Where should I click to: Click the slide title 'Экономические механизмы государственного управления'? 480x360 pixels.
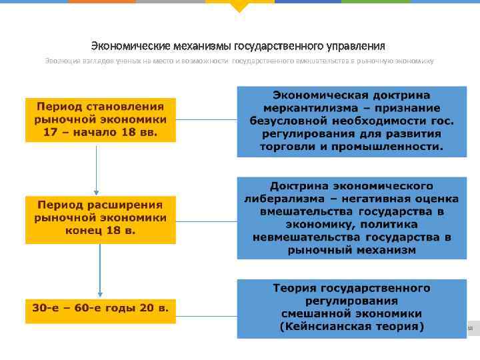tap(238, 46)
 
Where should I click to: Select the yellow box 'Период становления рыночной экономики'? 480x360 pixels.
tap(100, 120)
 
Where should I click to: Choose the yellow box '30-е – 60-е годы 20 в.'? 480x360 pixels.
tap(100, 309)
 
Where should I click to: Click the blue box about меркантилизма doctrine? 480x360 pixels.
tap(351, 121)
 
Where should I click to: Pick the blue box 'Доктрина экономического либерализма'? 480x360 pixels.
tap(351, 217)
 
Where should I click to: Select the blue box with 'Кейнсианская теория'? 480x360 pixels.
tap(351, 308)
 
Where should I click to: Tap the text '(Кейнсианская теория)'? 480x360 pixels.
tap(351, 327)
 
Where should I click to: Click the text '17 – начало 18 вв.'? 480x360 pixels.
tap(100, 132)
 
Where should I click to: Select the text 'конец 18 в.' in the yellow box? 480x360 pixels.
tap(100, 230)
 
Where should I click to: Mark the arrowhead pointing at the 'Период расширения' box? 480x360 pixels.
tap(97, 192)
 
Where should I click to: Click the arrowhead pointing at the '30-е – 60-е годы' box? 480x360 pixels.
tap(100, 293)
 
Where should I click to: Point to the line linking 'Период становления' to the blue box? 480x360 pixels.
tap(207, 120)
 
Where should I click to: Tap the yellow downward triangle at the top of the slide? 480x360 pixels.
tap(239, 7)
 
